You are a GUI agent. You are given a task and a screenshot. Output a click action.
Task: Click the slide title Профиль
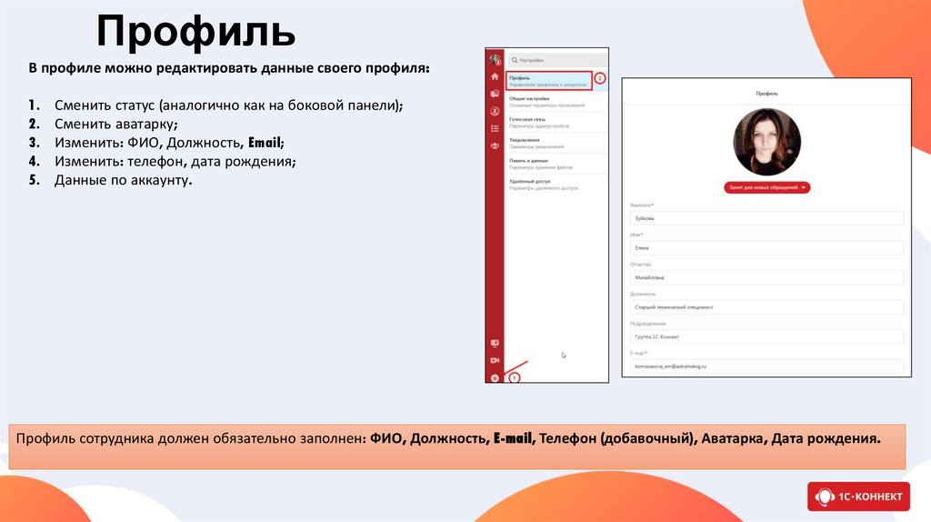[196, 33]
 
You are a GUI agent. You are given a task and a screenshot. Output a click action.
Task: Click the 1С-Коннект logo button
[858, 497]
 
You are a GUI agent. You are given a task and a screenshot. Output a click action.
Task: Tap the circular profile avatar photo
[766, 142]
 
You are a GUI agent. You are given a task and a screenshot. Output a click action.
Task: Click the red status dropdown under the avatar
[766, 187]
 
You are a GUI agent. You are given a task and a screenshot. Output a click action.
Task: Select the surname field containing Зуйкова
[766, 218]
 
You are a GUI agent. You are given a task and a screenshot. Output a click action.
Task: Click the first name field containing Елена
[766, 247]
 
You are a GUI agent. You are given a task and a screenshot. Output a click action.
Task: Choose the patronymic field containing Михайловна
[766, 277]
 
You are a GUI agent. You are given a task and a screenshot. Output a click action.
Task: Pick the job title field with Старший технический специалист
[766, 307]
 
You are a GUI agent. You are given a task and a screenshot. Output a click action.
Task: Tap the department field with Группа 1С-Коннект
[766, 336]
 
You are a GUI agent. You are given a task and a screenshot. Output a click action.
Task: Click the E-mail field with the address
[766, 366]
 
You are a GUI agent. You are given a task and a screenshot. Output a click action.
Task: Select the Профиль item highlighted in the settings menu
[548, 81]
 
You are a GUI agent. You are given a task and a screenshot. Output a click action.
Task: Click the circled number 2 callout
[600, 79]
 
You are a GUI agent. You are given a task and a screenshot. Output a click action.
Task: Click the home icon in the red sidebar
[495, 78]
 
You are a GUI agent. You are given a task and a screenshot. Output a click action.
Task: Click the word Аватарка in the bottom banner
[733, 438]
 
